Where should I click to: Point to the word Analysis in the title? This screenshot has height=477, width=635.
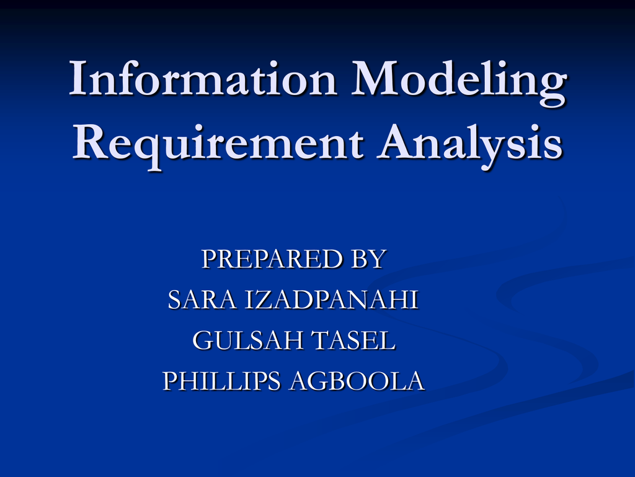click(471, 144)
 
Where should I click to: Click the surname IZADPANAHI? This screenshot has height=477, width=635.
click(332, 300)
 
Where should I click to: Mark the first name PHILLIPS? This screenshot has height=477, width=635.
click(221, 381)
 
